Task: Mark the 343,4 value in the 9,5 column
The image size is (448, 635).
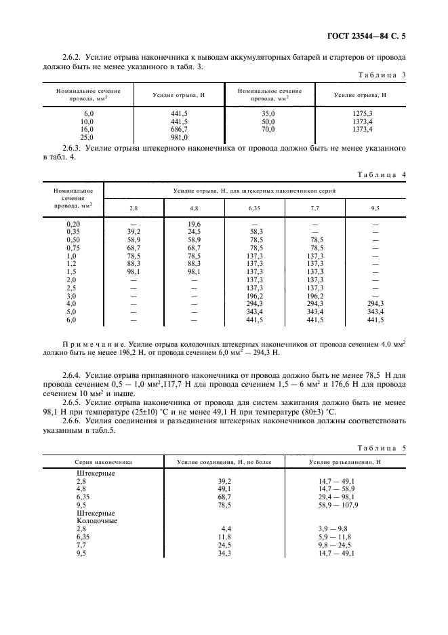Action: [x=375, y=311]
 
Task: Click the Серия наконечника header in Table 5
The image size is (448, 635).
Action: [x=103, y=462]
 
